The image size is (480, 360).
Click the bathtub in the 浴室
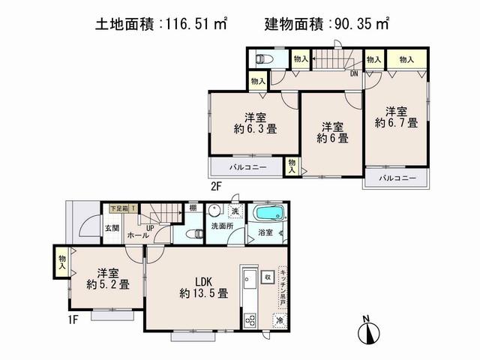(x=265, y=215)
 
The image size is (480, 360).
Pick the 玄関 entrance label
(x=111, y=226)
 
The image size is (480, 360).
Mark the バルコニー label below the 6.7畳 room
(x=395, y=178)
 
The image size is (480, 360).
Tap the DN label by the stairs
(x=353, y=73)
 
